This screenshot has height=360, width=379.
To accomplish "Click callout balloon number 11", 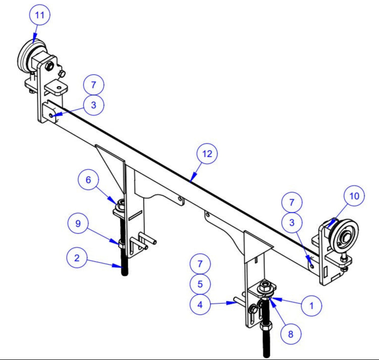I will tap(40, 16).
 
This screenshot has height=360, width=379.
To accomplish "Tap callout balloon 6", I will tap(88, 180).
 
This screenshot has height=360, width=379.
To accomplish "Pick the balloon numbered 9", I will tap(78, 224).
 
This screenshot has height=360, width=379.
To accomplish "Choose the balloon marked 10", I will tap(354, 196).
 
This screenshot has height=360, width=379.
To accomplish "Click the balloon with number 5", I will tap(200, 284).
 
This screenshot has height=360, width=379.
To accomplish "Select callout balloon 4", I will tap(200, 305).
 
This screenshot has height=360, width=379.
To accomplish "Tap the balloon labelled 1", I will tap(311, 305).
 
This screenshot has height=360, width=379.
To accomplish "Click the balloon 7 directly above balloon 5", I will tap(200, 264).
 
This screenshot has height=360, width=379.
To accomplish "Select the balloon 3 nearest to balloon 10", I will tap(292, 222).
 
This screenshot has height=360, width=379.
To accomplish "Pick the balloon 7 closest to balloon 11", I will tap(93, 85).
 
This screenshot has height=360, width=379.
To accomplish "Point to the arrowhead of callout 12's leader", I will tap(191, 180).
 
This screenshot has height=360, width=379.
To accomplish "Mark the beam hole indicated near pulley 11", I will tap(52, 116).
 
